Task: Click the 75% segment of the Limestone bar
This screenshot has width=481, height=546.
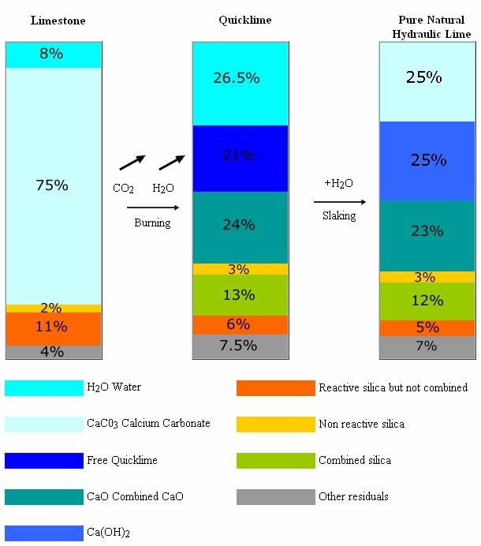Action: pos(53,185)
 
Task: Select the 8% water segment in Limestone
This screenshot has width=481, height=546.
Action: pos(53,54)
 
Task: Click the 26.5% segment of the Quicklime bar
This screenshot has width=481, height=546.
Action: pos(239,79)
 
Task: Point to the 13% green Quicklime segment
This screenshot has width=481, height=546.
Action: pos(239,295)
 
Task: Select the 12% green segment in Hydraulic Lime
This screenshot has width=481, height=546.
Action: pos(427,301)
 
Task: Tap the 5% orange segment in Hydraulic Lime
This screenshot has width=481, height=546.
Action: pos(427,327)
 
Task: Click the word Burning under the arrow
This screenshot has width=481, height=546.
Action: pos(153,223)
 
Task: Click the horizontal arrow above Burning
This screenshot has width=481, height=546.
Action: pos(153,208)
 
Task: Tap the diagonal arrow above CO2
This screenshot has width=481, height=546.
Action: pos(132,163)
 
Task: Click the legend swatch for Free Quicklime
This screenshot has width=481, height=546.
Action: pos(44,461)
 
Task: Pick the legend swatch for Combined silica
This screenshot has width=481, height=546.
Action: pos(275,461)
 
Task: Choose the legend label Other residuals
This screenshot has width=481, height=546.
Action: pos(353,497)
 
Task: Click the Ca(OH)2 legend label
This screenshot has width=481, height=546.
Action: pos(107,534)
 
